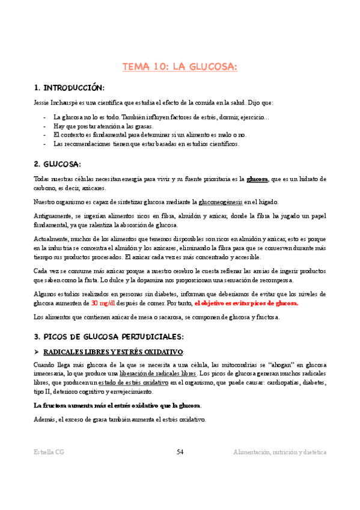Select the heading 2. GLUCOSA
(58, 164)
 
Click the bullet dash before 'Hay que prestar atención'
(46, 126)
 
